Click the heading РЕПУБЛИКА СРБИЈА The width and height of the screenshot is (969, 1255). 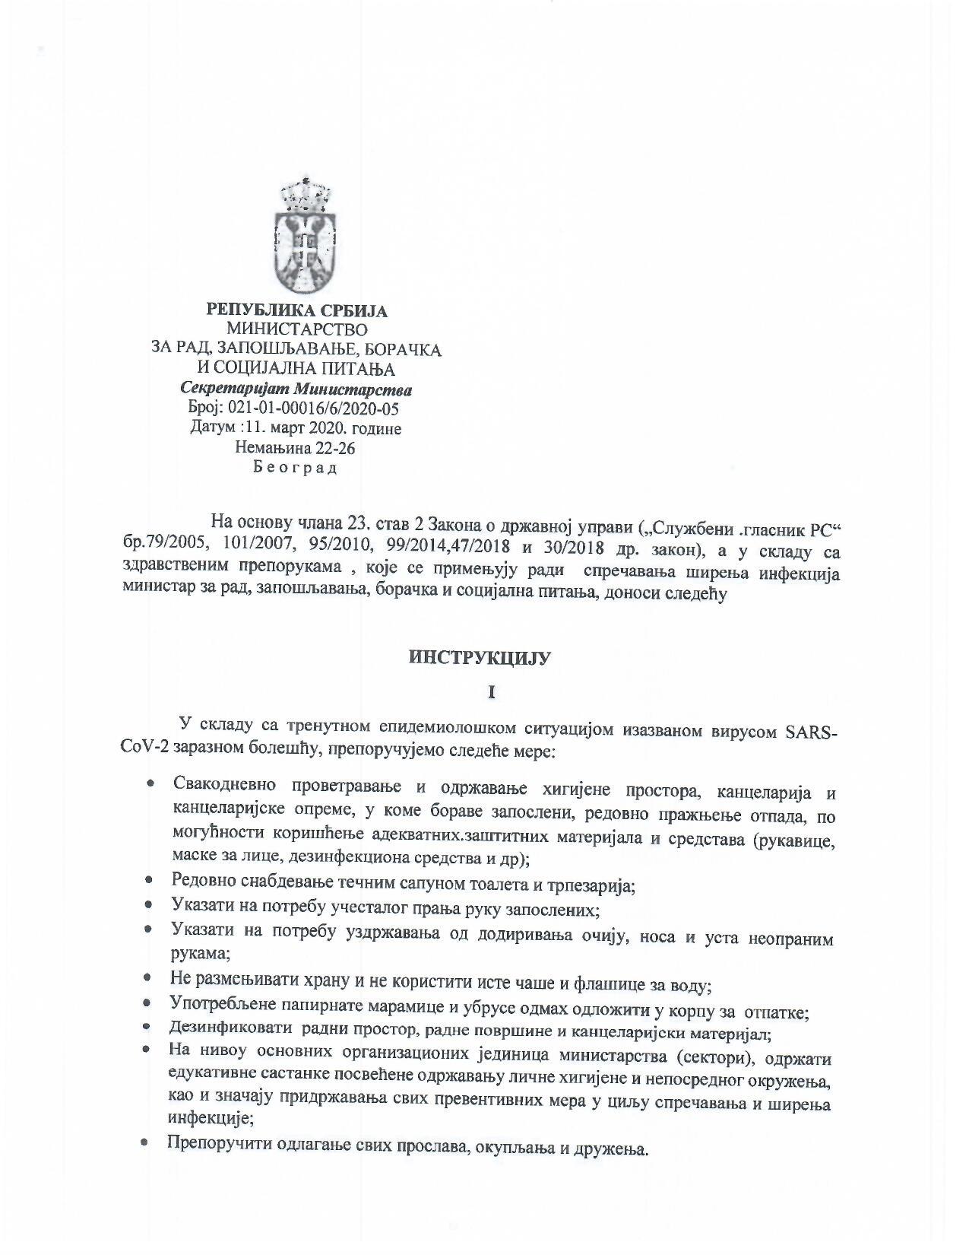pyautogui.click(x=297, y=310)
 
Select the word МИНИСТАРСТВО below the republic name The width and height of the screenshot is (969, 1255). pyautogui.click(x=297, y=329)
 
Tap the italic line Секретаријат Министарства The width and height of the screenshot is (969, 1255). pyautogui.click(x=297, y=389)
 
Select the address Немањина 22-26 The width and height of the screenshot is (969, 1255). pyautogui.click(x=296, y=448)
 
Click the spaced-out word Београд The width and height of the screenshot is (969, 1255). pyautogui.click(x=296, y=468)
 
